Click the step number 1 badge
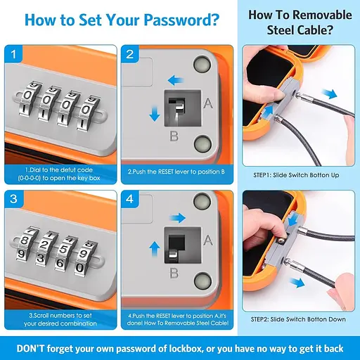[x=13, y=54]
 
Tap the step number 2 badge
[x=130, y=54]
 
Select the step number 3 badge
[x=13, y=199]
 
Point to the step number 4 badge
[x=130, y=199]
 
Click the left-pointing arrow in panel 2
[x=176, y=80]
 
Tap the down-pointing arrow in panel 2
[x=155, y=113]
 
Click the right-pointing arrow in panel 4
[x=177, y=218]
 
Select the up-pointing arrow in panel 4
[x=155, y=250]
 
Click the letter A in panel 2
[x=208, y=103]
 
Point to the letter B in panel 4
[x=174, y=273]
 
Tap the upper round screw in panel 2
[x=202, y=64]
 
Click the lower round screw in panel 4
[x=202, y=281]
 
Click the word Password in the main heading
[x=181, y=20]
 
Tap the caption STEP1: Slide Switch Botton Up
[x=296, y=175]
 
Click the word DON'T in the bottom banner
[x=30, y=349]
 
